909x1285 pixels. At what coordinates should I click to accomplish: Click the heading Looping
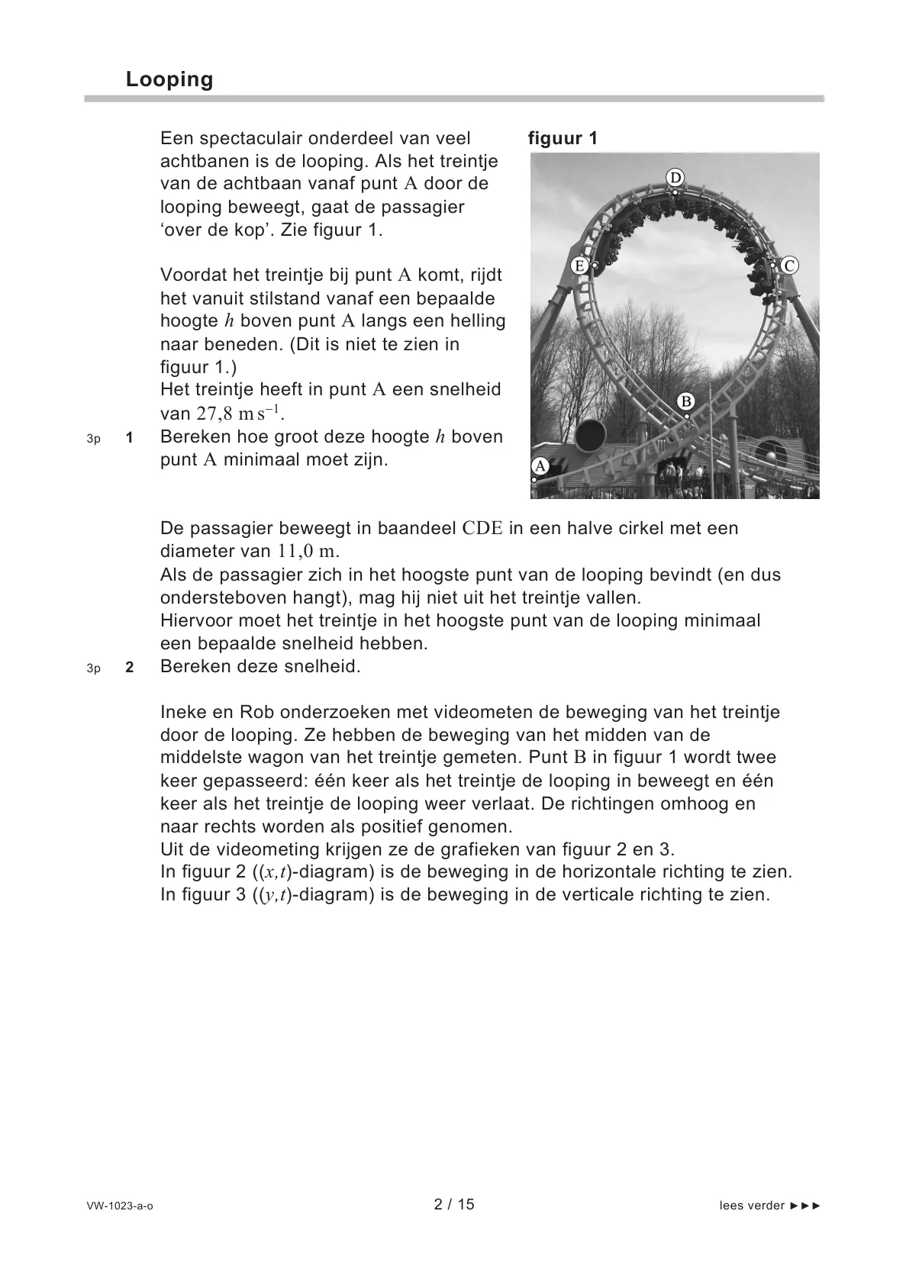point(169,79)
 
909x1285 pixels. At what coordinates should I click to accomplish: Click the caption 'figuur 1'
point(562,138)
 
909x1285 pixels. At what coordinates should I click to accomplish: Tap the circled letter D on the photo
point(675,178)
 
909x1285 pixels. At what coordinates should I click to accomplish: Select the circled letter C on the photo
point(789,266)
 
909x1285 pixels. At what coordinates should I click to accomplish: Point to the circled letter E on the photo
point(579,266)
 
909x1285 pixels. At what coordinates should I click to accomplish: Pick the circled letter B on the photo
point(685,402)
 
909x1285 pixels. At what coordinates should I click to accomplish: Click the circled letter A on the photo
point(540,465)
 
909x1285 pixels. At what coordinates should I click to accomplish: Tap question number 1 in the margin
point(130,438)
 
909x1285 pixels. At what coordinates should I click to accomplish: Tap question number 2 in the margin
point(130,667)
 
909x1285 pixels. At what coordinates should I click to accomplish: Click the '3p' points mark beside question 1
point(93,439)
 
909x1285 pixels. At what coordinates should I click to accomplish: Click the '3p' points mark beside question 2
point(93,668)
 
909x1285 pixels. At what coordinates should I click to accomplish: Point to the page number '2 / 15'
point(454,1204)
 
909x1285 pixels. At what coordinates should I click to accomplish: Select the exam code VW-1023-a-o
point(120,1206)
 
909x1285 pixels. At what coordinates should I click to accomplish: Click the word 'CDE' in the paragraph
point(482,529)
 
